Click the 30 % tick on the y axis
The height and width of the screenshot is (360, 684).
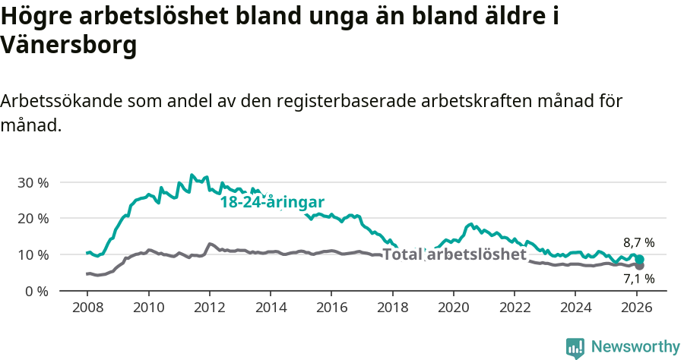tap(33, 182)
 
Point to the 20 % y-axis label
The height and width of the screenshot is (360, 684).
tap(33, 219)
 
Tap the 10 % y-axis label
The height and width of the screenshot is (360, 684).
tap(33, 254)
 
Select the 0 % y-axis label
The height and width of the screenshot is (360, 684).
tap(37, 291)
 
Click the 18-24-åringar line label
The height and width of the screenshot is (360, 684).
tap(273, 202)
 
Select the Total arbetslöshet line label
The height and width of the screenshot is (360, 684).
tap(454, 254)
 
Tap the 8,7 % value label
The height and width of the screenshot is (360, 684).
tap(638, 243)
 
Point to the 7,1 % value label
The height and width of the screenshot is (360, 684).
tap(638, 279)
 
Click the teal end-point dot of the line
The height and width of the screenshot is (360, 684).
tap(639, 260)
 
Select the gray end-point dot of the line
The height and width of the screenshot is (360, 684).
tap(639, 265)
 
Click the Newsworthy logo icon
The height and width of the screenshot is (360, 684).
tap(575, 348)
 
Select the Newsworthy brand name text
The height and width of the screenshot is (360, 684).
tap(635, 347)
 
